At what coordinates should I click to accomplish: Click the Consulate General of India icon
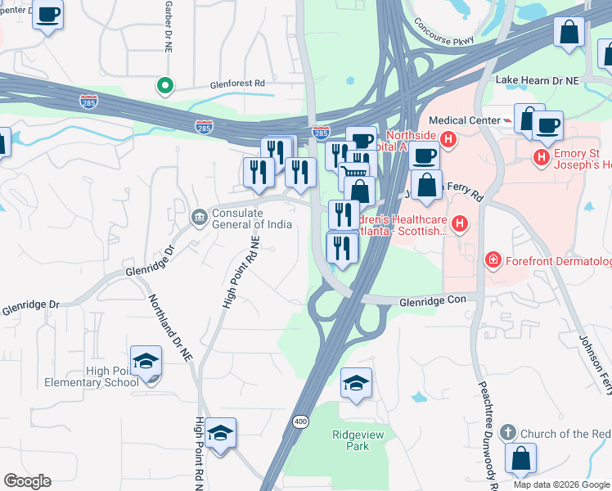(199, 217)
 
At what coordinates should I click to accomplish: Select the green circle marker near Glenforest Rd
(164, 84)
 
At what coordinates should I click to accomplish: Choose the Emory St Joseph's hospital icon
(541, 156)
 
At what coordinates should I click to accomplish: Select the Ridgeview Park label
(350, 440)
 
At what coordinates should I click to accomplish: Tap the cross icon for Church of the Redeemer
(508, 432)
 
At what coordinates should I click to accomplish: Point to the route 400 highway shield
(299, 421)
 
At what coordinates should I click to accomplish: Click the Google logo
(27, 481)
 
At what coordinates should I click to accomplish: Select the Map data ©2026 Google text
(560, 484)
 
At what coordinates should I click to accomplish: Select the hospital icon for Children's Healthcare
(460, 223)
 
